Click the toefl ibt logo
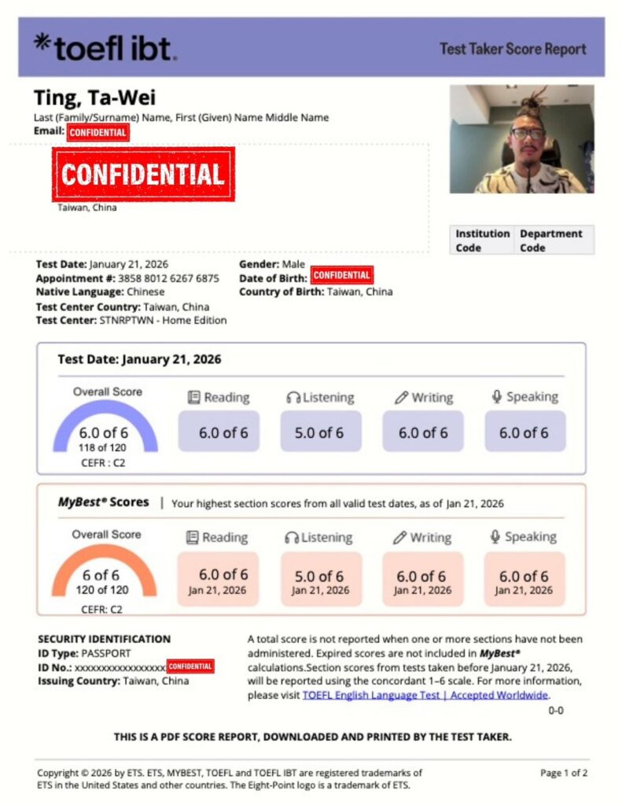[105, 47]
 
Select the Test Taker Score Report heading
[513, 49]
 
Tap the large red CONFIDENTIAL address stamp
[143, 175]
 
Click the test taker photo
[521, 138]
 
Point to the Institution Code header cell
[482, 241]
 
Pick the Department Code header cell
[550, 241]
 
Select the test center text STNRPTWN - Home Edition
[163, 320]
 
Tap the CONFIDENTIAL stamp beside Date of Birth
[341, 275]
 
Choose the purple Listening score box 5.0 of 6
[320, 432]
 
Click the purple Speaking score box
[524, 432]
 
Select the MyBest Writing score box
[422, 579]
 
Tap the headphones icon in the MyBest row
[292, 538]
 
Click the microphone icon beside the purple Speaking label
[497, 396]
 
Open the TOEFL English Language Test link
[425, 695]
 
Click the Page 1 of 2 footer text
[564, 773]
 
